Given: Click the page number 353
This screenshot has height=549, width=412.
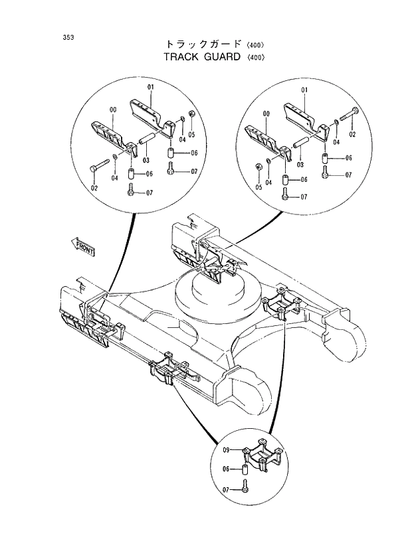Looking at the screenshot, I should [x=68, y=37].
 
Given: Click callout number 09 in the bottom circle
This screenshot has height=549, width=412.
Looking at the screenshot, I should [x=226, y=451].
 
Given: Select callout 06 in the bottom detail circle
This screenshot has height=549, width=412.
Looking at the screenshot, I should [x=226, y=469].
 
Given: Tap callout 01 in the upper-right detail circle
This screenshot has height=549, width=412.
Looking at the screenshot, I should [x=304, y=90].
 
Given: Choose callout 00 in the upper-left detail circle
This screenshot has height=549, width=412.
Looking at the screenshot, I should [x=112, y=110].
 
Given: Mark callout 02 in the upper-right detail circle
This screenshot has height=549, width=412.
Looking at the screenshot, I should [x=352, y=134].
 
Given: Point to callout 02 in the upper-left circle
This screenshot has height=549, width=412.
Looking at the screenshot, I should [x=94, y=189].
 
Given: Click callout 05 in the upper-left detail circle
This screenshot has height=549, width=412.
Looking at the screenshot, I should [x=191, y=135].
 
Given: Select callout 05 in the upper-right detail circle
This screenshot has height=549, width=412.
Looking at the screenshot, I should [x=258, y=188].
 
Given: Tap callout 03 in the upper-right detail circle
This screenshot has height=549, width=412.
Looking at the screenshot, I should [x=300, y=164].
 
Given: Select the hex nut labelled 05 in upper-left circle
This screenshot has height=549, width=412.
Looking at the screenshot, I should [x=191, y=115].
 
